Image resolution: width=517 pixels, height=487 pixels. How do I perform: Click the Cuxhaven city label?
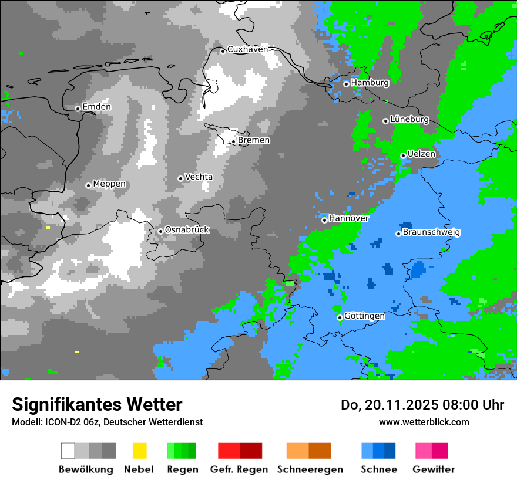point(247,49)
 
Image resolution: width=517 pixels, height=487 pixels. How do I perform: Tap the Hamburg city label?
point(370,83)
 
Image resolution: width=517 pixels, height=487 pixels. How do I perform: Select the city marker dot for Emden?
point(78,108)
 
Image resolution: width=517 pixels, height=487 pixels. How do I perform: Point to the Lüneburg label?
point(409,119)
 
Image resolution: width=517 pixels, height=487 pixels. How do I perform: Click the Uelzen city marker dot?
point(403,155)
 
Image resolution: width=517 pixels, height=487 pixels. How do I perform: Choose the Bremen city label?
point(254,140)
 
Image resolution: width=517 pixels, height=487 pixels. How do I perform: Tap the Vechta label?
point(199,177)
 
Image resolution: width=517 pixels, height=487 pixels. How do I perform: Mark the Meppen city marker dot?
point(88,185)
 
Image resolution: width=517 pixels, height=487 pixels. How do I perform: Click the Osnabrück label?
point(187,229)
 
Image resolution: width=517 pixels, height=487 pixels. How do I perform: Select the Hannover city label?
point(348,218)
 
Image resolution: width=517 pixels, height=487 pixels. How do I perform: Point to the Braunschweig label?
point(431,232)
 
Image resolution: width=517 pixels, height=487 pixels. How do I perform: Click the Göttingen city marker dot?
point(340,317)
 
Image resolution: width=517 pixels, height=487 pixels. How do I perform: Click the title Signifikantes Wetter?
point(97,404)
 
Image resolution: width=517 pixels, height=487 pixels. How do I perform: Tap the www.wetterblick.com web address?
point(424,422)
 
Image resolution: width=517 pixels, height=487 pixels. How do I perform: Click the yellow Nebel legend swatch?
point(139,451)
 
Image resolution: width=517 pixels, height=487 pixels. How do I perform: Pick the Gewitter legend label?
point(433,469)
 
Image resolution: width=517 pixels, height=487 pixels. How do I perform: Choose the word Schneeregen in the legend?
point(310,469)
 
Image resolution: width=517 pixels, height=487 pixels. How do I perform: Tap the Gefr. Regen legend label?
point(239,469)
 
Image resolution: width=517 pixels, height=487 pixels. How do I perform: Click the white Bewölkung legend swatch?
point(68,451)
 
